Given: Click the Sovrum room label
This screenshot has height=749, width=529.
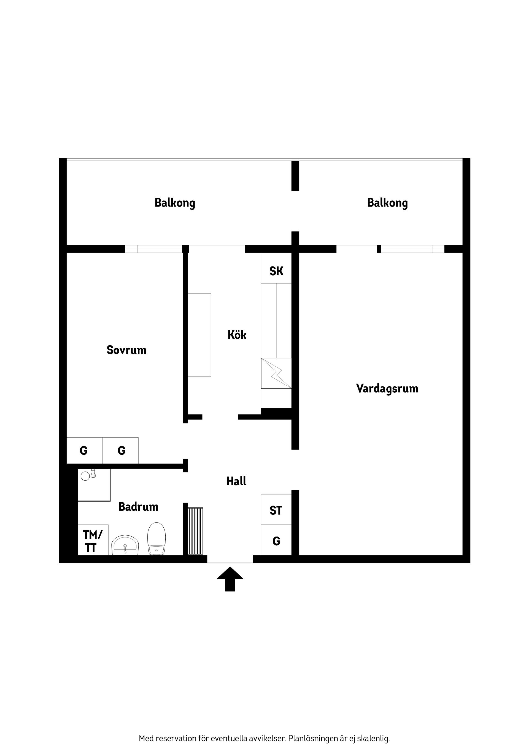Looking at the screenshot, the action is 126,350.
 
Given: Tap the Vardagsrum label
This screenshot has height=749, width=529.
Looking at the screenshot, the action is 387,389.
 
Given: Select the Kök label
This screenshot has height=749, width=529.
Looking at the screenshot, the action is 237,335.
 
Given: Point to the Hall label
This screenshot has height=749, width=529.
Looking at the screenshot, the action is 236,481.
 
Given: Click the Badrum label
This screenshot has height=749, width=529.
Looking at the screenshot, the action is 138,507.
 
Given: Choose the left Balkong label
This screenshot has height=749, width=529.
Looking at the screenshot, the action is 175,203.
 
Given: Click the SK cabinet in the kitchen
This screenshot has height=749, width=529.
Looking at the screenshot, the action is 276,268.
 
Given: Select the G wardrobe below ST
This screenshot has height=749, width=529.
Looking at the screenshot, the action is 276,540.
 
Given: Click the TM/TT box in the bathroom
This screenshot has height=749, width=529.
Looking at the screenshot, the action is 93,540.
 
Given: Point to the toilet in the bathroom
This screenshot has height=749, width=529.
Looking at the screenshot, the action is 156,538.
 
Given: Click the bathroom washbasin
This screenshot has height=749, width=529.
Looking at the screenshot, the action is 125,545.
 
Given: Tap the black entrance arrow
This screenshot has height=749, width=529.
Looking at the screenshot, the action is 230,579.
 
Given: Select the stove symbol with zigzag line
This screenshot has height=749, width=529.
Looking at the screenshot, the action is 276,373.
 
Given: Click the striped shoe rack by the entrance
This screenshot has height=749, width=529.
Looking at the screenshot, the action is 196,531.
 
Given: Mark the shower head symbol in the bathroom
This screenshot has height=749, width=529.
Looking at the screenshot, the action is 88,475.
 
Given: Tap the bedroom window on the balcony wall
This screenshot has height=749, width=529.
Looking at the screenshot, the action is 153,249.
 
